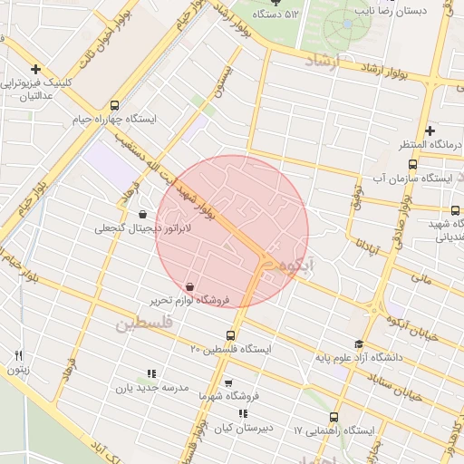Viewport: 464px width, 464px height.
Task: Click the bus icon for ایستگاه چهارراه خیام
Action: pos(113,105)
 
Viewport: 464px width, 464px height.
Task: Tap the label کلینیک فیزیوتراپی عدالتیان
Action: pos(36,89)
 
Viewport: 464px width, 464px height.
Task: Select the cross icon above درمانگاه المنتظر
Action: pos(430,130)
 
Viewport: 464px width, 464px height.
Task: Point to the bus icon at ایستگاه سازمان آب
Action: pos(413,164)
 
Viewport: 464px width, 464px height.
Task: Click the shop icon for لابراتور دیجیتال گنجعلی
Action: pos(142,215)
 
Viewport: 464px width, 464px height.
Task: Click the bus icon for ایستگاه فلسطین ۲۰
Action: pos(230,336)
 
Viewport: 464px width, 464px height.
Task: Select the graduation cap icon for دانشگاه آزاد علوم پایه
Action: pos(358,344)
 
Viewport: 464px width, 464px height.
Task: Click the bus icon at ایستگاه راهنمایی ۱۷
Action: pos(334,418)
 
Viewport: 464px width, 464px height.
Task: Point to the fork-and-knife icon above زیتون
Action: pos(18,354)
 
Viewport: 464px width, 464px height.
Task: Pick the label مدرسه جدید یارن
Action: pos(150,387)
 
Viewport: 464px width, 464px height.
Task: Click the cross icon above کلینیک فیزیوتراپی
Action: pos(35,69)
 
